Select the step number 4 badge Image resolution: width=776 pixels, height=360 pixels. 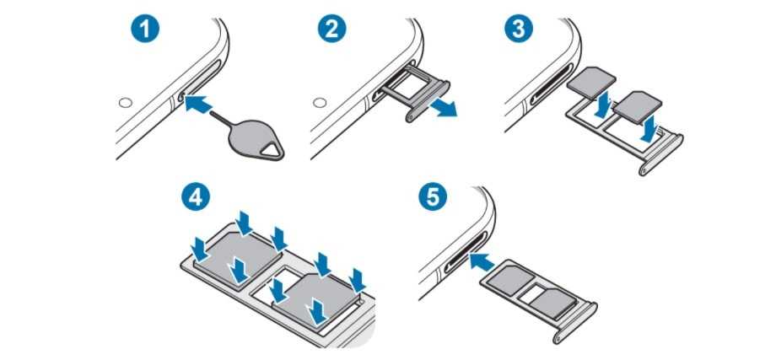tap(195, 197)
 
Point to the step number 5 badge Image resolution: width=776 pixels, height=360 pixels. tap(432, 197)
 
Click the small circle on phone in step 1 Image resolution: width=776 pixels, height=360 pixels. tap(125, 103)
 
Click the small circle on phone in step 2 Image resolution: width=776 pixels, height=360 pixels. tap(320, 103)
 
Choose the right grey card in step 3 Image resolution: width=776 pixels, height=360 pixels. tap(637, 107)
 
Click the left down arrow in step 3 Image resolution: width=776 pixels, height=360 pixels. tap(601, 105)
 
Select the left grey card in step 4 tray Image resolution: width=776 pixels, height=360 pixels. tap(236, 254)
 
